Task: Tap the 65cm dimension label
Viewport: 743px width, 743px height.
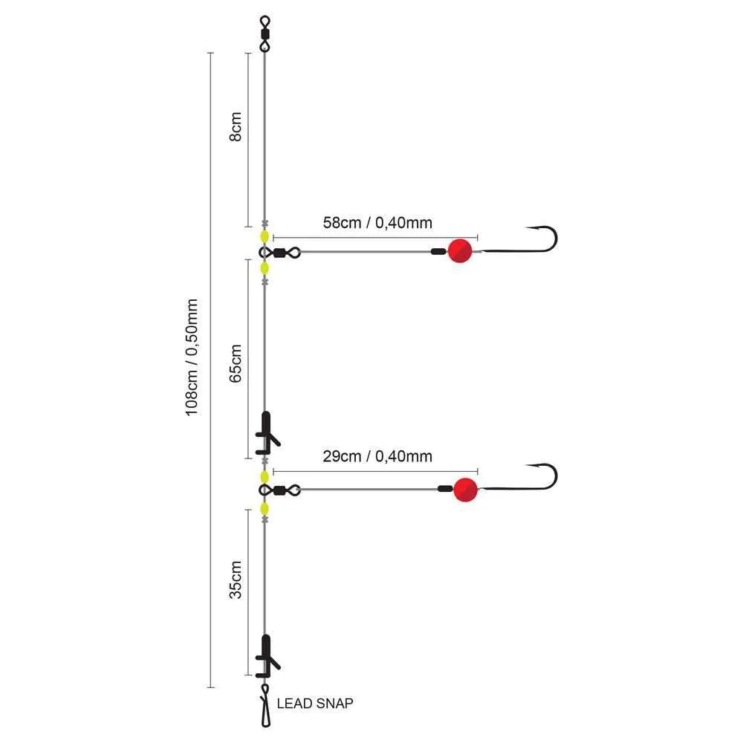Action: coord(236,363)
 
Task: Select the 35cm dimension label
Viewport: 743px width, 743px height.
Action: coord(236,580)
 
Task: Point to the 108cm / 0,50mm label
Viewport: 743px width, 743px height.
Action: coord(192,357)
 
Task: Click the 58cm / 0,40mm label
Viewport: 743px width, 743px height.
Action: coord(377,221)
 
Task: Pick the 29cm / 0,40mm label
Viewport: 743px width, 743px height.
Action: coord(377,456)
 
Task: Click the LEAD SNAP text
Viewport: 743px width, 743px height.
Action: coord(314,703)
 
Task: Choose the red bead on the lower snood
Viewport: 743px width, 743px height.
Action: coord(465,489)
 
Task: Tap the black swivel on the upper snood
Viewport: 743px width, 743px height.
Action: coord(281,253)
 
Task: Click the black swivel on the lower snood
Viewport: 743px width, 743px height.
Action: coord(281,490)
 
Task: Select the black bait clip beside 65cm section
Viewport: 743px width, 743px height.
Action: coord(265,432)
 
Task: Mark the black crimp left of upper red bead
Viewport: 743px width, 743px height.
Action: coord(438,252)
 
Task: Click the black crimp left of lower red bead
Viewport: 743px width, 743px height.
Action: coord(444,489)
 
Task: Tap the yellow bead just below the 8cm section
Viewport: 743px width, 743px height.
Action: coord(265,237)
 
